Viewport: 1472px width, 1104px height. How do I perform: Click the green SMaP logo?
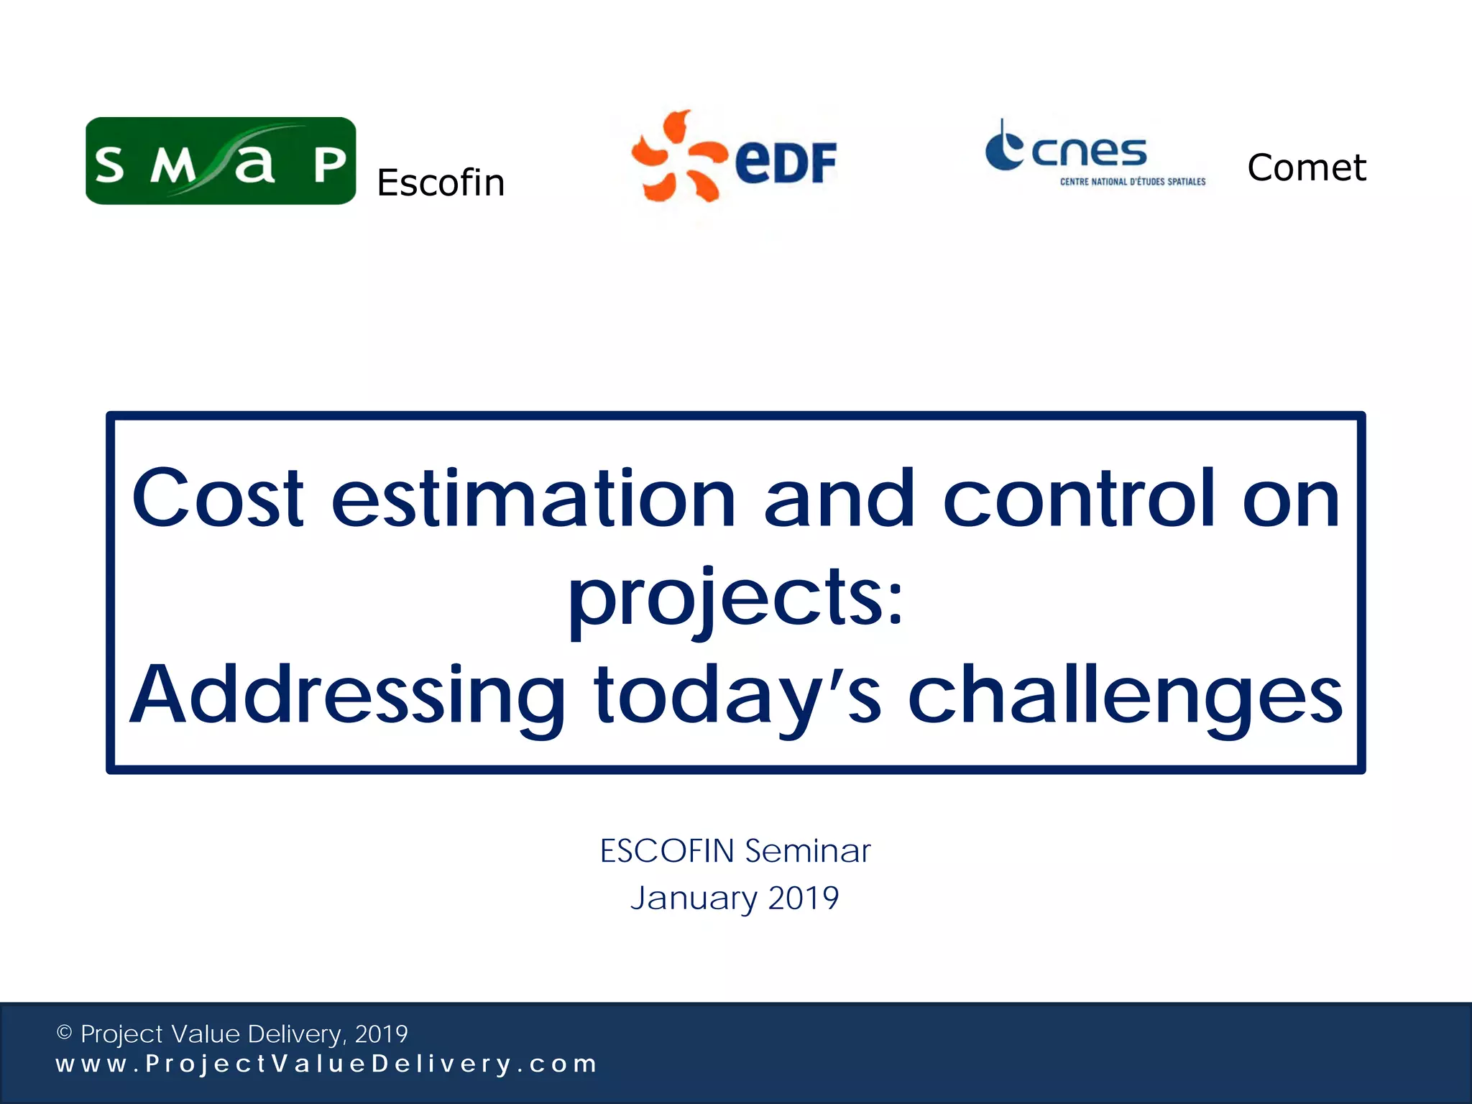(x=220, y=161)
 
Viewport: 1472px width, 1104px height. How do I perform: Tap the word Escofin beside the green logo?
(x=441, y=183)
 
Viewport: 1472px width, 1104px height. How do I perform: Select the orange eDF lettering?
(x=786, y=162)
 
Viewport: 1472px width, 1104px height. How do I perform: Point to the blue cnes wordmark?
(x=1088, y=152)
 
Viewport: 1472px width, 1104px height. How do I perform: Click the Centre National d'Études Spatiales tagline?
(x=1133, y=182)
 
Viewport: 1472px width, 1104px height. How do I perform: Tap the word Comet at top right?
(x=1306, y=167)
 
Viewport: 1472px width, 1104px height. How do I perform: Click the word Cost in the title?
(x=218, y=498)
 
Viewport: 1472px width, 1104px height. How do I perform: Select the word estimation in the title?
(x=533, y=498)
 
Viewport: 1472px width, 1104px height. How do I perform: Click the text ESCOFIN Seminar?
(x=735, y=851)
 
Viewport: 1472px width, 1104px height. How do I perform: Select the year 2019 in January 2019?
(x=803, y=898)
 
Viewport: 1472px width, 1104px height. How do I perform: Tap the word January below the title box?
(x=694, y=898)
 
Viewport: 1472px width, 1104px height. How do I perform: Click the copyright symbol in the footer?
(x=65, y=1033)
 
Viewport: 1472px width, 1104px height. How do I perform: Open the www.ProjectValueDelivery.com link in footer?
(x=326, y=1064)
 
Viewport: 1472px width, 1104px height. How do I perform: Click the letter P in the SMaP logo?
(x=330, y=165)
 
